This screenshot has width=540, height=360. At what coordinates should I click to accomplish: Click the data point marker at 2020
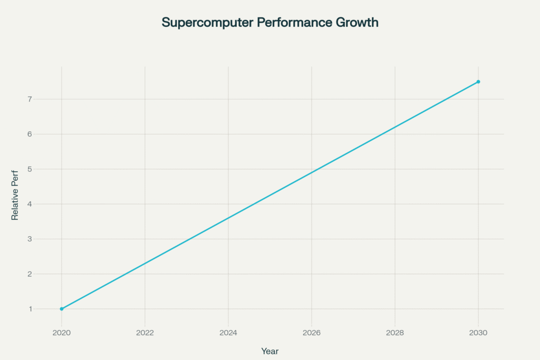tap(62, 309)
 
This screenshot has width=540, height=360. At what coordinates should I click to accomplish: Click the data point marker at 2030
tap(478, 82)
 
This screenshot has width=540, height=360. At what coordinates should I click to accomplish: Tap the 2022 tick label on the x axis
tap(145, 333)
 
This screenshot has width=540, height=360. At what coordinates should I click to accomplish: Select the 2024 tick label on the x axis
tap(228, 333)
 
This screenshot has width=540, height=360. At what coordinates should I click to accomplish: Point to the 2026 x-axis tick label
tap(312, 333)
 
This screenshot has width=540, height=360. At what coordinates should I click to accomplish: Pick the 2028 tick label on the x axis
tap(395, 333)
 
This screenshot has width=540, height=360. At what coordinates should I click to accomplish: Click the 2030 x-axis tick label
tap(478, 333)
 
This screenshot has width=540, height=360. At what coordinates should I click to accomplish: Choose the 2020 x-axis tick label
tap(62, 333)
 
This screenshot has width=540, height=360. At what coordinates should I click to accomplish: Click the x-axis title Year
tap(270, 351)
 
